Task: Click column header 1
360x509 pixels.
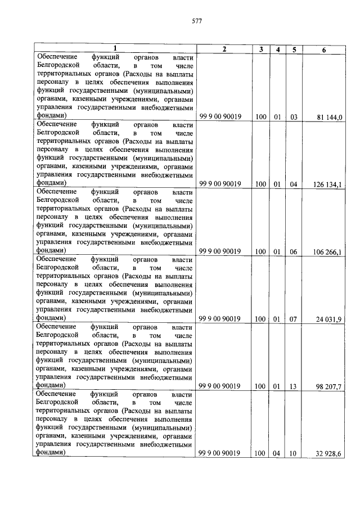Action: tap(115, 49)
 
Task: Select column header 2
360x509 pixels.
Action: tap(224, 49)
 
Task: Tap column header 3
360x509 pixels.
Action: tap(260, 49)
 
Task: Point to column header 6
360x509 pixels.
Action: tap(323, 49)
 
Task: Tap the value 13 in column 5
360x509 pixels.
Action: tap(294, 386)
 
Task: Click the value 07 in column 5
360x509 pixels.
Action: tap(294, 319)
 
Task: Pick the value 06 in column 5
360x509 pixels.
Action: tap(294, 251)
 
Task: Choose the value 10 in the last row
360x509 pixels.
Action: tap(294, 453)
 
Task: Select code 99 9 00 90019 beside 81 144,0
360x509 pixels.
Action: tap(220, 116)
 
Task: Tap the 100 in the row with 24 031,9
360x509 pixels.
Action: tap(260, 319)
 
